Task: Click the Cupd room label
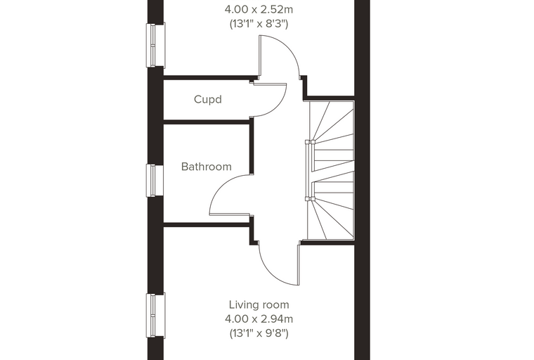[x=208, y=99]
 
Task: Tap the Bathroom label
[x=207, y=167]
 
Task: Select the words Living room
[x=259, y=304]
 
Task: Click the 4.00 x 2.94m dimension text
[x=259, y=319]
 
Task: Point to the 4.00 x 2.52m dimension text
[x=259, y=10]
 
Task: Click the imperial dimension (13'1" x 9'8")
[x=259, y=333]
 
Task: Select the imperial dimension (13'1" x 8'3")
[x=259, y=24]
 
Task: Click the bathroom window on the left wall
[x=155, y=180]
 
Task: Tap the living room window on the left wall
[x=156, y=316]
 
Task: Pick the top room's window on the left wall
[x=156, y=45]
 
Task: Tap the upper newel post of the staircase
[x=310, y=142]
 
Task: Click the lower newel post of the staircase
[x=310, y=198]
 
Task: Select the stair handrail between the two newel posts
[x=309, y=170]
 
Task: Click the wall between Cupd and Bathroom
[x=207, y=122]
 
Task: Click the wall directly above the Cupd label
[x=210, y=78]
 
